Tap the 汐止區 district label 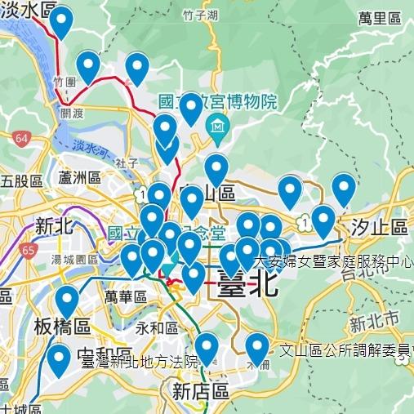point(379,226)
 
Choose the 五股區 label point(21,180)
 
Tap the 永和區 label point(157,328)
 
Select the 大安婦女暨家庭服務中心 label point(333,262)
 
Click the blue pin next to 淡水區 point(61,23)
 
